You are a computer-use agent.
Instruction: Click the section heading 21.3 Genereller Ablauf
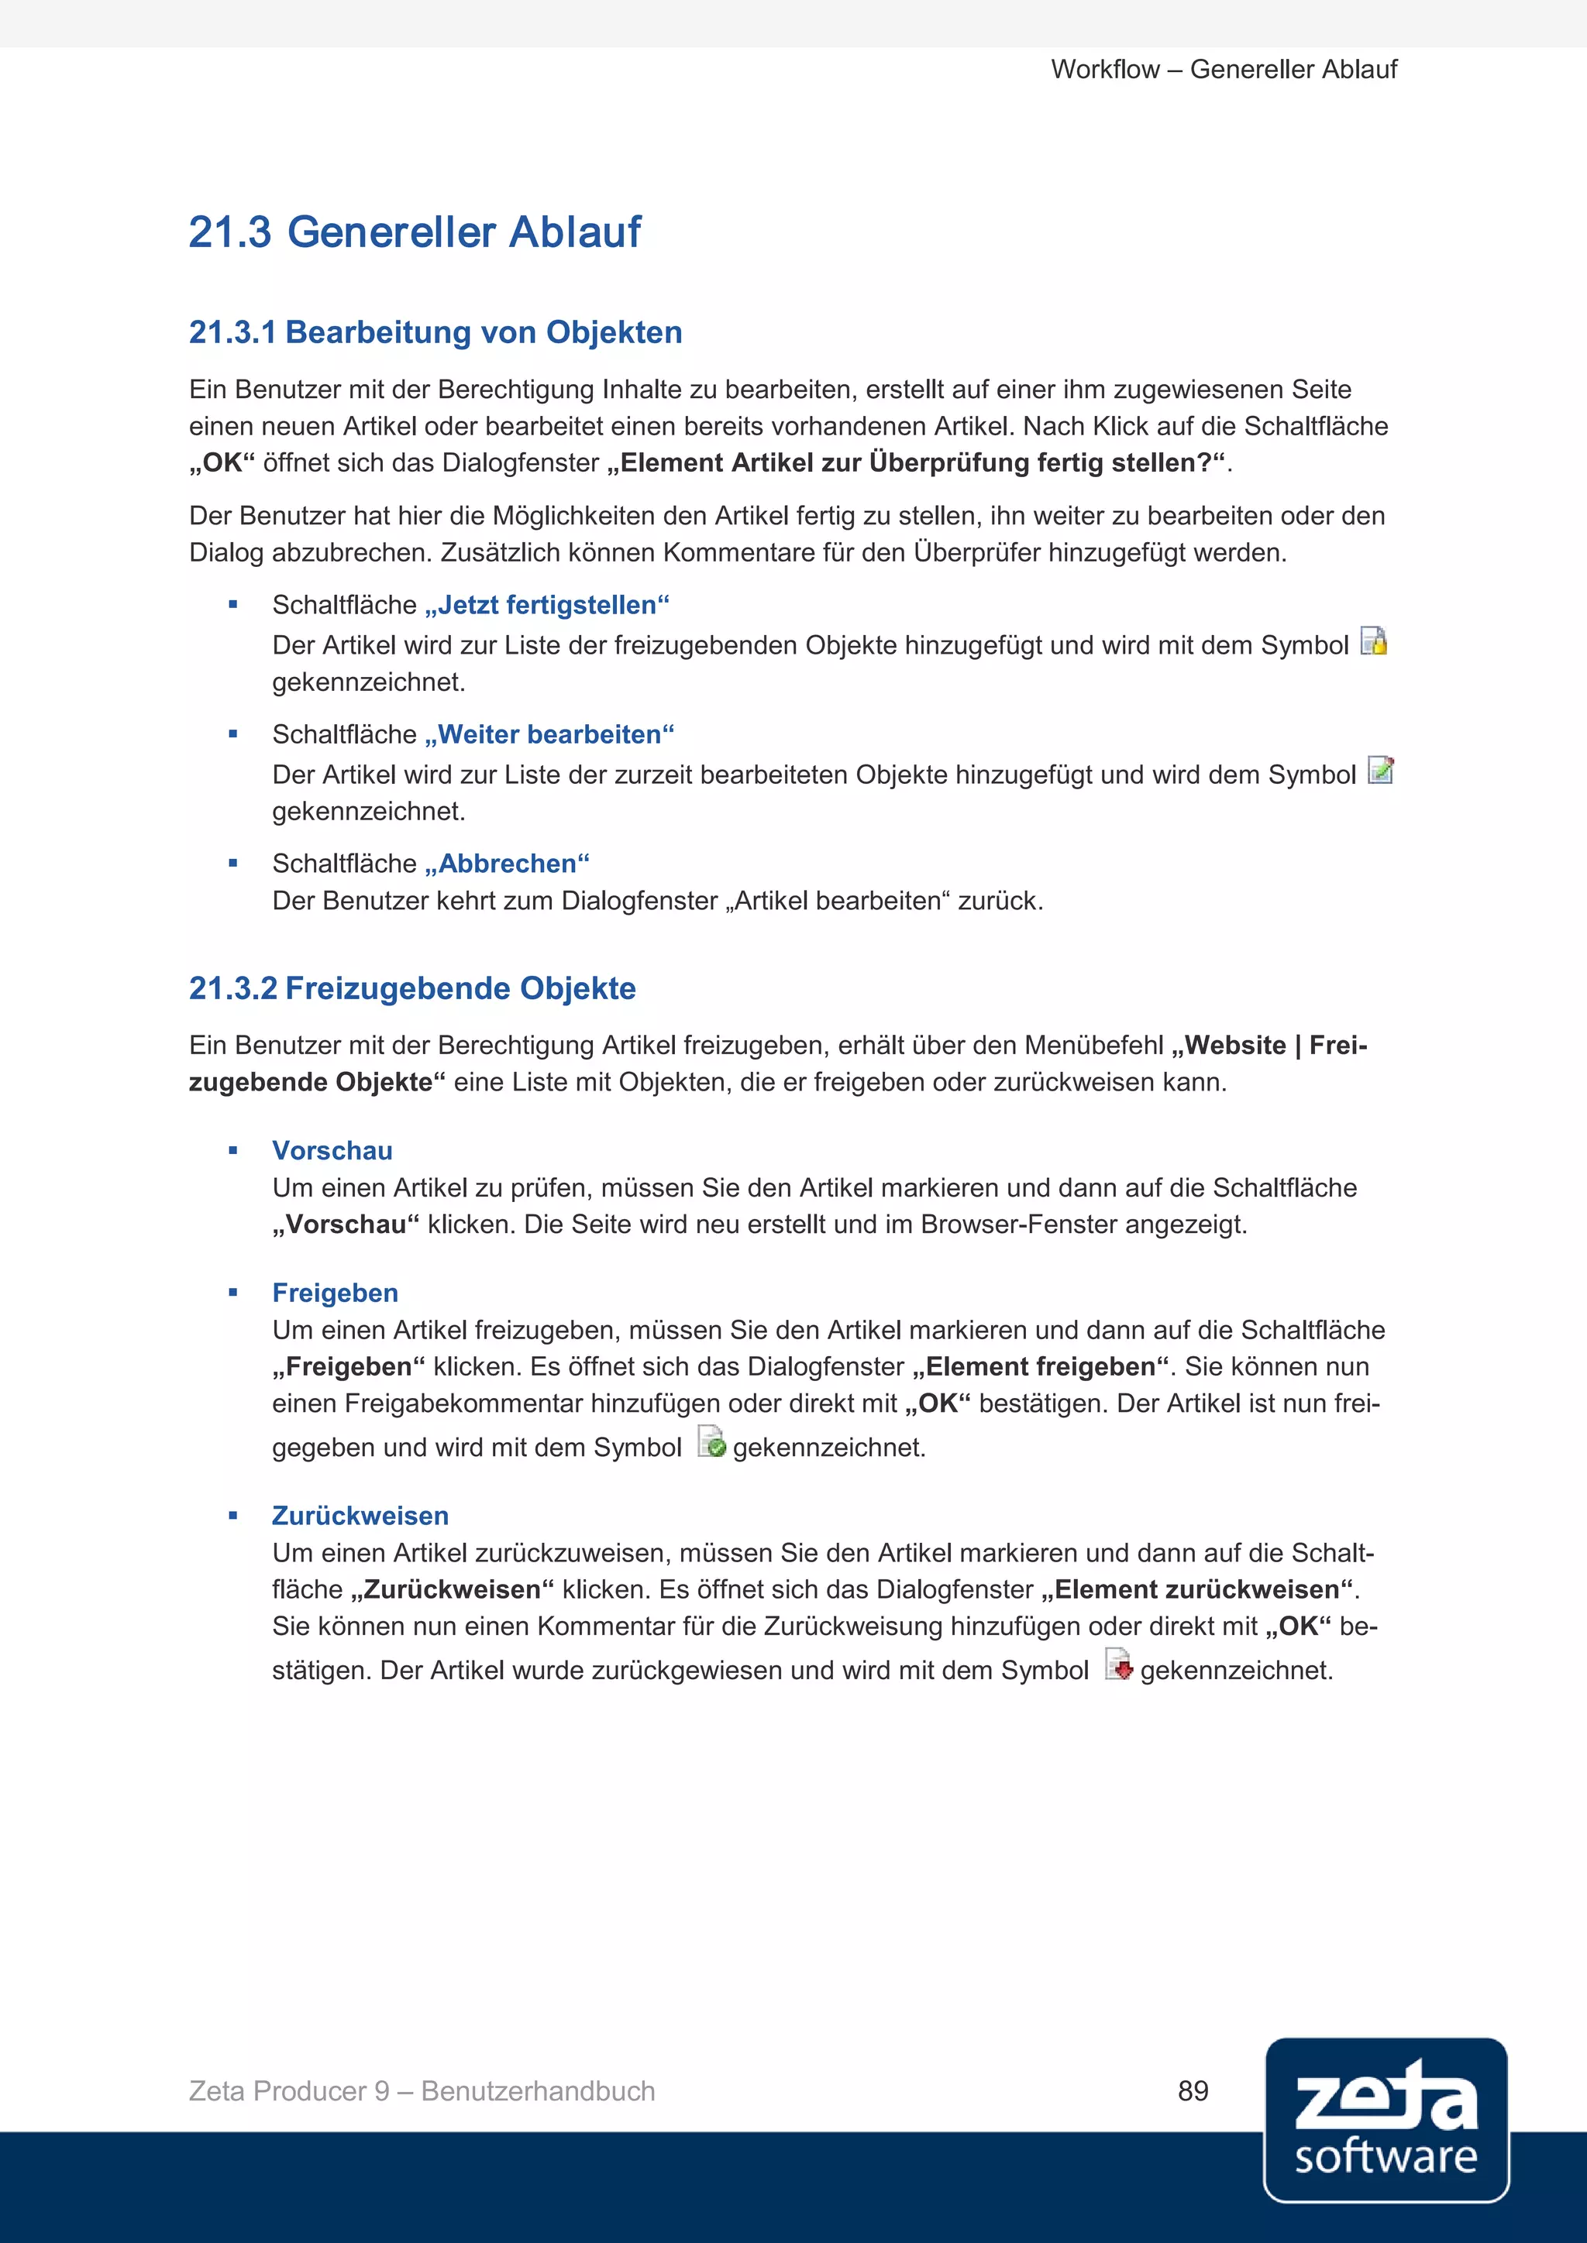tap(415, 232)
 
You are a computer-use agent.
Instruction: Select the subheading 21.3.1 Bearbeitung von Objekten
tap(435, 332)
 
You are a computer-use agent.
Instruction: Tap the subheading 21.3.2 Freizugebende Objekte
tap(411, 988)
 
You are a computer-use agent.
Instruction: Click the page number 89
tap(1193, 2090)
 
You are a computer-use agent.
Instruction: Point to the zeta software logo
tap(1385, 2120)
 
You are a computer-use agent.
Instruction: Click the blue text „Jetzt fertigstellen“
tap(546, 606)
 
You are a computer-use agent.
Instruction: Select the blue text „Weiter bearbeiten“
tap(549, 735)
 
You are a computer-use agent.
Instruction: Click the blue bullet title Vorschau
tap(332, 1151)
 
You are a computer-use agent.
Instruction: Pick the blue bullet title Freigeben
tap(336, 1293)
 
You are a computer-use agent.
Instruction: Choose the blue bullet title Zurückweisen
tap(360, 1517)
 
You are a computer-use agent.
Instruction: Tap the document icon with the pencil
tap(1380, 770)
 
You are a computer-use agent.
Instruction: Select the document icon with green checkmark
tap(711, 1442)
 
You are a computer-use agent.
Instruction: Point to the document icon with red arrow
tap(1119, 1664)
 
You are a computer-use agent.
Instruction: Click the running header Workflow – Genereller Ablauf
tap(1224, 70)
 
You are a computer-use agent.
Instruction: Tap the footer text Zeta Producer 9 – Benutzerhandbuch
tap(422, 2090)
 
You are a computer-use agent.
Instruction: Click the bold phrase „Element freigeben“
tap(1040, 1367)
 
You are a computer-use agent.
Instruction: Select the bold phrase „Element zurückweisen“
tap(1198, 1589)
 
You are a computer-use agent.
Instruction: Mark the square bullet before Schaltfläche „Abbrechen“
tap(232, 864)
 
